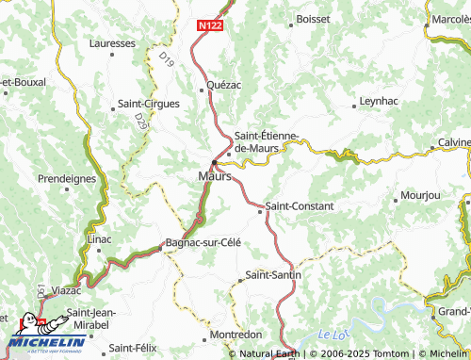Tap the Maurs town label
pos(214,175)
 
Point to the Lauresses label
pos(113,43)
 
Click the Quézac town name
pos(224,85)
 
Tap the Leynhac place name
pos(380,101)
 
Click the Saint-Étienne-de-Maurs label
pos(267,141)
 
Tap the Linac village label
pos(99,239)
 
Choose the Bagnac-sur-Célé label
pos(203,242)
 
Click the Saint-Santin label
pos(274,275)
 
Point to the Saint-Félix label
pos(132,349)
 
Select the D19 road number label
pos(167,61)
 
